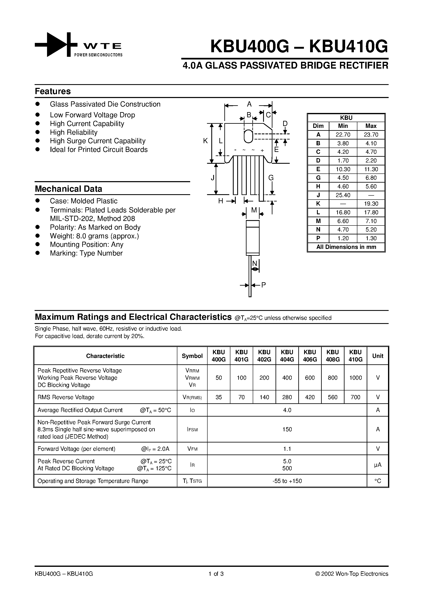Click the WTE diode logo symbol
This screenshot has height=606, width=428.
(x=56, y=45)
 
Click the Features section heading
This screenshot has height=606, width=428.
(x=53, y=91)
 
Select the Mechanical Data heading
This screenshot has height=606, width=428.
(x=68, y=189)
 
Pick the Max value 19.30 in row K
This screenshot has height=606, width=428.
(x=371, y=204)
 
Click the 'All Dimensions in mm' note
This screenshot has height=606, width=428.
(x=346, y=247)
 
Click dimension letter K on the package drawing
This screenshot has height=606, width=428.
(x=205, y=141)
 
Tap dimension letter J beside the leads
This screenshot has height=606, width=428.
(x=212, y=178)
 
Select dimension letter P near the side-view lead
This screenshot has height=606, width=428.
(x=263, y=285)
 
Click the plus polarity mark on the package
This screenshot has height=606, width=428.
(x=262, y=150)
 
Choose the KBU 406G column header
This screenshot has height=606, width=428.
(x=310, y=356)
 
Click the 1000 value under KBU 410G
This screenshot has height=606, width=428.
(x=355, y=378)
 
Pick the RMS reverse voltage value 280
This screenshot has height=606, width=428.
(x=287, y=397)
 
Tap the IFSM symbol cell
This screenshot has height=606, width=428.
(x=192, y=429)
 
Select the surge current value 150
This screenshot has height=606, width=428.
(x=287, y=429)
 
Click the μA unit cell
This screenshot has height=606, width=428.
(x=378, y=465)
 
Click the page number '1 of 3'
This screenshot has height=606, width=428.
(x=216, y=574)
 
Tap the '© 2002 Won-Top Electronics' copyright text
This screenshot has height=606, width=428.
(x=352, y=574)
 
